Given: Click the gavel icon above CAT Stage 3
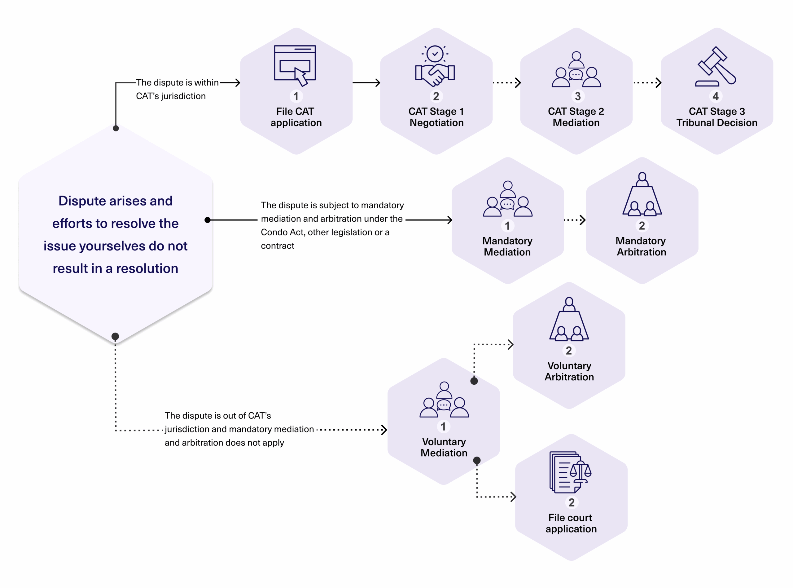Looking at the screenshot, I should [x=716, y=67].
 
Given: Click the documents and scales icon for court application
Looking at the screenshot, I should [x=570, y=472].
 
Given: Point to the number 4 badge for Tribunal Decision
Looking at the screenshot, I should [x=716, y=96].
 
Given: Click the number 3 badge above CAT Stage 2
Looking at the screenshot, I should [x=577, y=96].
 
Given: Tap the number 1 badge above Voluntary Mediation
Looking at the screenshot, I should [x=443, y=427].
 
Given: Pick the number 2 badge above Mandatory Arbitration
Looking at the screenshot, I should [x=642, y=226].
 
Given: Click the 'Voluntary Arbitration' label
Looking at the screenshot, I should [x=569, y=371].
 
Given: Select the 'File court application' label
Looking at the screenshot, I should [x=571, y=523].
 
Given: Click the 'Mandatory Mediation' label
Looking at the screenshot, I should [x=507, y=246].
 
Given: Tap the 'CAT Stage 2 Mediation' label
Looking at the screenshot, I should [x=576, y=117].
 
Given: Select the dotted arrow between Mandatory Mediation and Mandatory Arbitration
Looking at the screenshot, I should [x=575, y=220].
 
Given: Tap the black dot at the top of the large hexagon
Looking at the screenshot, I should [x=116, y=128].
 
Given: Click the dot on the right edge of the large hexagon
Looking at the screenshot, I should [x=208, y=220].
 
